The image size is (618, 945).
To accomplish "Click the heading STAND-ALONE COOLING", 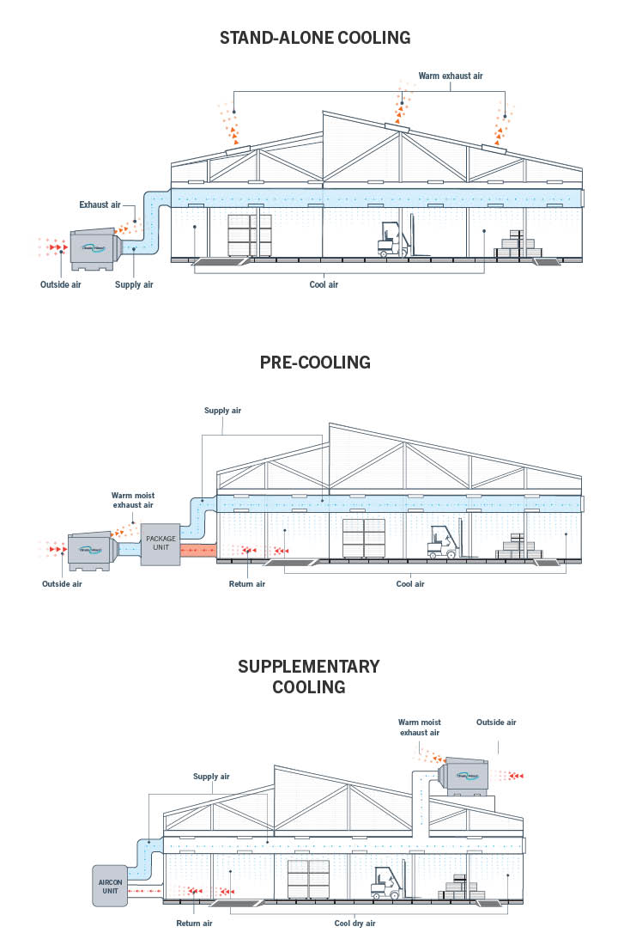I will pos(315,38).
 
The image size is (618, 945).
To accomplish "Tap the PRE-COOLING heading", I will pos(315,363).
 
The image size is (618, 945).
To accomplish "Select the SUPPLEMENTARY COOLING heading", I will pos(309,676).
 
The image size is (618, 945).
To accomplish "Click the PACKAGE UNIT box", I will pos(161,544).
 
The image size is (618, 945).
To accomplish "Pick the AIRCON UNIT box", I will pos(109,886).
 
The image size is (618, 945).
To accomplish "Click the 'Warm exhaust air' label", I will pos(450,76).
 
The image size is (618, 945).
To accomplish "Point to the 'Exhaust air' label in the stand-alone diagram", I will pos(100,204).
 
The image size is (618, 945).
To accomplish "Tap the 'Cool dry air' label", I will pos(354,924).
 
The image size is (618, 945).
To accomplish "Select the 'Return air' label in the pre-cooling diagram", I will pos(247,584).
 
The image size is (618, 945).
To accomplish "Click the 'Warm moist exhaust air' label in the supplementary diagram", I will pos(419,728).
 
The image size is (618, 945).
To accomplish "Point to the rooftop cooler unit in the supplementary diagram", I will pos(467,774).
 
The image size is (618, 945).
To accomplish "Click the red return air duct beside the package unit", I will pos(198,550).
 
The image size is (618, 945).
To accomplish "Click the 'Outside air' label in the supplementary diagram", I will pos(496,722).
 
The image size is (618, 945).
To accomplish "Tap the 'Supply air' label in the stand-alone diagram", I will pos(134,283).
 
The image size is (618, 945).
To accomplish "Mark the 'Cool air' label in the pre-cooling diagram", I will pos(410,584).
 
